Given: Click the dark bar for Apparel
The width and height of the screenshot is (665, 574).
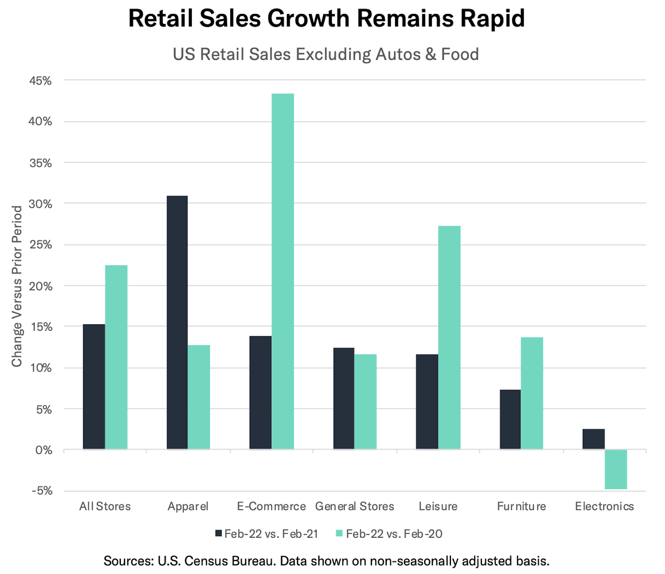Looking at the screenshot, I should pos(177,322).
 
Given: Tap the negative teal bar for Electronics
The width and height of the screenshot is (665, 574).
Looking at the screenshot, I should pos(616,469).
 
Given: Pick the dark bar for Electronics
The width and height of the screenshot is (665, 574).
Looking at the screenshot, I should pos(593,439).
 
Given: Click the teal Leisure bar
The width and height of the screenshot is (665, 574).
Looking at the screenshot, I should pos(449,337).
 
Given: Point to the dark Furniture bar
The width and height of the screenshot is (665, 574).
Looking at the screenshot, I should pos(510,419).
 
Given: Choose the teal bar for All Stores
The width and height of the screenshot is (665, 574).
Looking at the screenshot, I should pos(116,357).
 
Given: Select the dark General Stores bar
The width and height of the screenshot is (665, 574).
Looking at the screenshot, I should pos(343,398).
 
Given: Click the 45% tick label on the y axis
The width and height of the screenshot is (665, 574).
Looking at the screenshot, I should pos(40,81).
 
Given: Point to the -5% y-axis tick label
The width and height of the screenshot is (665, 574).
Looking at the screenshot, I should pos(42,491).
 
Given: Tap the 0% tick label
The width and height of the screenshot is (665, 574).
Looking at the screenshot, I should pos(44,450).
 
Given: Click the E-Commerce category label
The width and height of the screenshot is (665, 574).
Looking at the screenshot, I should pos(271,506).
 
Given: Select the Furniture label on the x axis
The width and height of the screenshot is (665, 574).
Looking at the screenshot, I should pos(521,506).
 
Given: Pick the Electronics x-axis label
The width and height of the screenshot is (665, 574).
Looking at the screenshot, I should pos(604,506).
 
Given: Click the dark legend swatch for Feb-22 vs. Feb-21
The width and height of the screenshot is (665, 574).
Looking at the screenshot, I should pos(218,533).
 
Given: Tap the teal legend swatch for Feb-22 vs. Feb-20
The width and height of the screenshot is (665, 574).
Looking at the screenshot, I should pos(339,533).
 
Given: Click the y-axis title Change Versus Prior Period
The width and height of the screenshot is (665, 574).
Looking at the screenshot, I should pos(17,286).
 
